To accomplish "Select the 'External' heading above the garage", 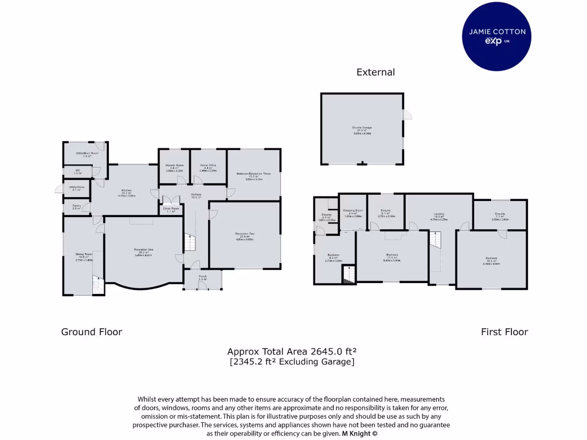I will (375, 72).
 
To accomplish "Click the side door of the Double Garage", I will (407, 115).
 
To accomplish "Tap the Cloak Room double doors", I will (170, 201).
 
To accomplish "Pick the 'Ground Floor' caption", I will (92, 332).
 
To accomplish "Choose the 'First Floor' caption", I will (504, 332).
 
